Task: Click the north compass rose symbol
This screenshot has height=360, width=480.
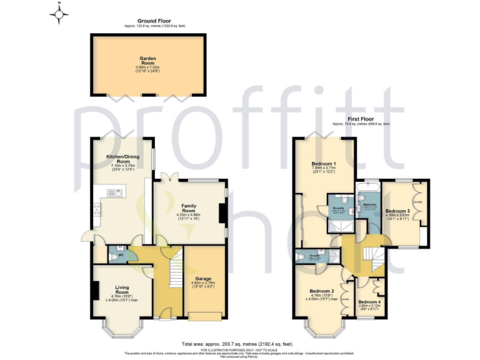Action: pyautogui.click(x=59, y=13)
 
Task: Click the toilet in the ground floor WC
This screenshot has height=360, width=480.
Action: pyautogui.click(x=112, y=256)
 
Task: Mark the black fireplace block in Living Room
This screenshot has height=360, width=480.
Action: pyautogui.click(x=95, y=291)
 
